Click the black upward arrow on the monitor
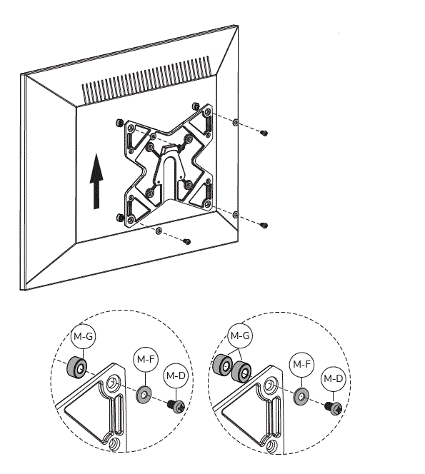96,183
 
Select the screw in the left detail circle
176,405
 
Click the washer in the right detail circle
301,397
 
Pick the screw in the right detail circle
333,408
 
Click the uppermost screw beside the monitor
264,133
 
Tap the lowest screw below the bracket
186,241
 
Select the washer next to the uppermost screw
236,122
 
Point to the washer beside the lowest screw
159,231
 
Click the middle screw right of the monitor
264,225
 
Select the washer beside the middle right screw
236,214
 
